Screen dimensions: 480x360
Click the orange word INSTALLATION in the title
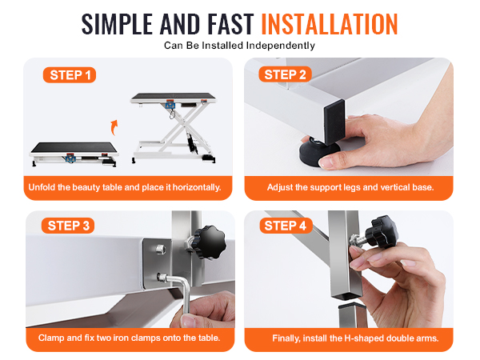(330, 24)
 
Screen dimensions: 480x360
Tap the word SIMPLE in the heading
(117, 24)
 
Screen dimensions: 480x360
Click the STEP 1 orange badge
(70, 75)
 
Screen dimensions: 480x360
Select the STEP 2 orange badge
(285, 74)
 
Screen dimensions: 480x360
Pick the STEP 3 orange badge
(68, 226)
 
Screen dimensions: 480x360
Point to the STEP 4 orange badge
(286, 226)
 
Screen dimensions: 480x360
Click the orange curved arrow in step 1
(114, 127)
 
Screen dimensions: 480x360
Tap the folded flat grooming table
(74, 154)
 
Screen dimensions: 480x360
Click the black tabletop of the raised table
(174, 97)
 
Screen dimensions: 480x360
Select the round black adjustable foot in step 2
(318, 151)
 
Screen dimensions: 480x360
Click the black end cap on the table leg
(334, 122)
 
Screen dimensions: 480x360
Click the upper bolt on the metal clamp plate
(160, 249)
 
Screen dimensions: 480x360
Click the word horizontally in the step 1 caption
(197, 187)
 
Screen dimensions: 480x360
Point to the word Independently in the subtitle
(281, 46)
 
